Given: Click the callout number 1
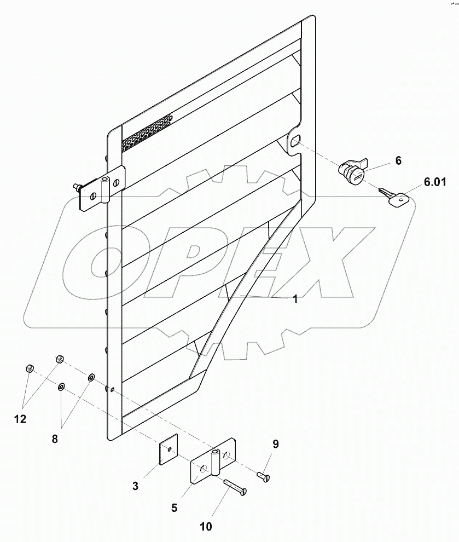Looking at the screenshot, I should point(295,299).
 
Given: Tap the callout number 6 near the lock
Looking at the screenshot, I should point(398,160).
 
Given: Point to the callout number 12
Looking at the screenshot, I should point(20,419).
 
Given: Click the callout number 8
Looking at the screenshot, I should point(55,439).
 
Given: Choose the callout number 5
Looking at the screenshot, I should point(174,508).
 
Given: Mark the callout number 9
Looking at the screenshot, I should point(275,444).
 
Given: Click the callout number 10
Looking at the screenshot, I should point(206,527).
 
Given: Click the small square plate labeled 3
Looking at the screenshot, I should point(170,451).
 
